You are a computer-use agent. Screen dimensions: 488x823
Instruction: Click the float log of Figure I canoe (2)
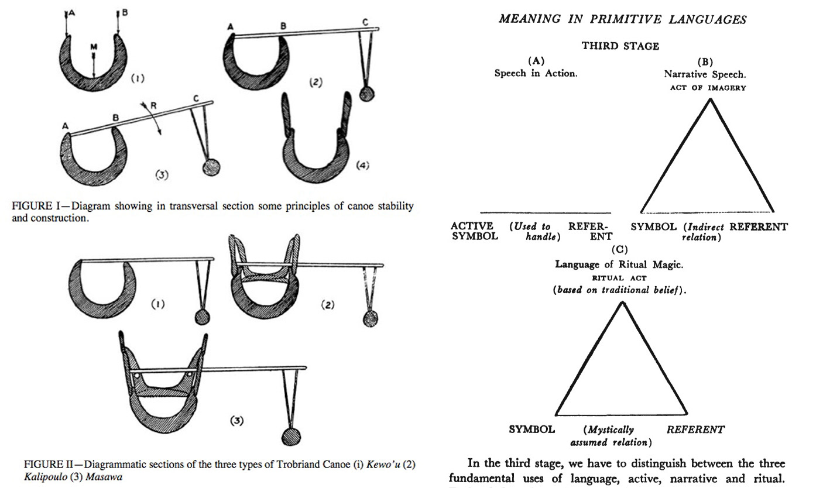pyautogui.click(x=366, y=94)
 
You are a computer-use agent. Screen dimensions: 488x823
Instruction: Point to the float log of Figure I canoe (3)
pyautogui.click(x=210, y=168)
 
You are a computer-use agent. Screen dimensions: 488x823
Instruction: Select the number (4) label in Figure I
pyautogui.click(x=363, y=166)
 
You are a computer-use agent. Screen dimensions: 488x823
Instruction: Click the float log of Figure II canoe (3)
pyautogui.click(x=290, y=437)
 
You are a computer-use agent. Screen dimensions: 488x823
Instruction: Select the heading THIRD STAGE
pyautogui.click(x=620, y=46)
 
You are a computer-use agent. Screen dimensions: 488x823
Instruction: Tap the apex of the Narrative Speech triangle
pyautogui.click(x=711, y=99)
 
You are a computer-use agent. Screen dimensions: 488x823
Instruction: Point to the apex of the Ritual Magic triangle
pyautogui.click(x=622, y=303)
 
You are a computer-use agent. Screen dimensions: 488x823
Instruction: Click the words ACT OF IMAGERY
pyautogui.click(x=708, y=88)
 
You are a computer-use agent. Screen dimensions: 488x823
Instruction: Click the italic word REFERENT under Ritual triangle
pyautogui.click(x=695, y=429)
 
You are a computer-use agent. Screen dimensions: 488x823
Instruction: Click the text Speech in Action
pyautogui.click(x=536, y=74)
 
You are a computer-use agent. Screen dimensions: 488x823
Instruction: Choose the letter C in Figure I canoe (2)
pyautogui.click(x=365, y=22)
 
